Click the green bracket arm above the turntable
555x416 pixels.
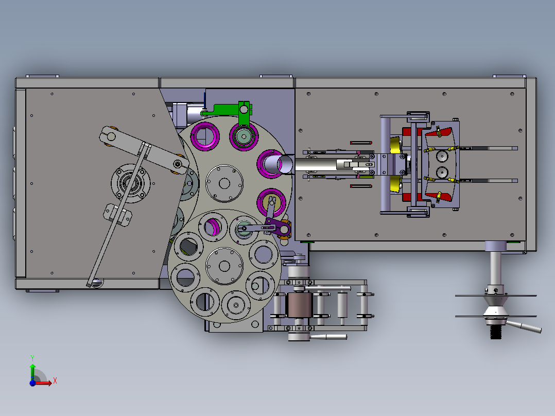tap(227, 109)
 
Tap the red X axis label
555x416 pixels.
tap(55, 381)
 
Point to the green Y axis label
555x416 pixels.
tap(32, 358)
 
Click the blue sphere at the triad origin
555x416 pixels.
tap(32, 383)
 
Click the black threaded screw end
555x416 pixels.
tap(495, 333)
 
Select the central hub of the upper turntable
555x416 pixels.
tap(224, 183)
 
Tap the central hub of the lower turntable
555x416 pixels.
tap(224, 266)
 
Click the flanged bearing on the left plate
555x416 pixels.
tap(131, 183)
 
